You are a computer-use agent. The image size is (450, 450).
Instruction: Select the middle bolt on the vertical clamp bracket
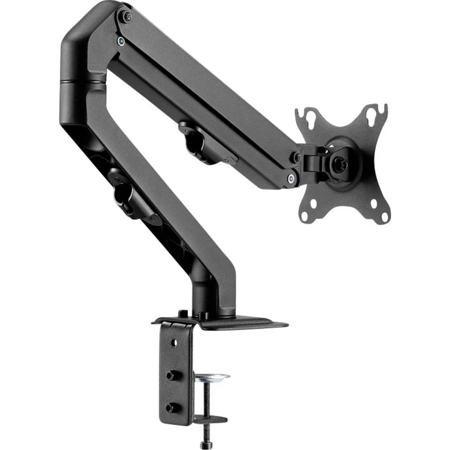pos(171,374)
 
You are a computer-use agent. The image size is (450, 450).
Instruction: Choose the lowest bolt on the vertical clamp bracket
pos(170,407)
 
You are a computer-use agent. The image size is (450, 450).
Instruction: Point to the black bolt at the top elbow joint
pos(128,17)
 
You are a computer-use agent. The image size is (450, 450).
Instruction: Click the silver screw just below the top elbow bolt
pos(121,41)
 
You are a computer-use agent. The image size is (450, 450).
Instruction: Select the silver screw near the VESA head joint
pos(292,178)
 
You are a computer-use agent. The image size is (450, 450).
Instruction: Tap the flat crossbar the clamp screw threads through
pos(210,419)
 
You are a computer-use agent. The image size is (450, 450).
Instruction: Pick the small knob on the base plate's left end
pos(182,313)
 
